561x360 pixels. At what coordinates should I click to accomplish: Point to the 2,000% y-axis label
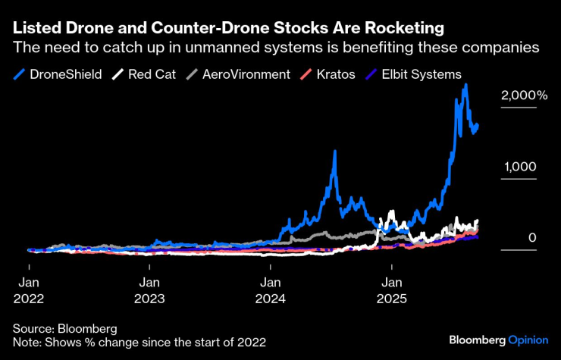(523, 95)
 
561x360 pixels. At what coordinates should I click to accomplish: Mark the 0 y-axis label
(532, 238)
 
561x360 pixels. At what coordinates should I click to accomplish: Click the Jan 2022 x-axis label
(29, 290)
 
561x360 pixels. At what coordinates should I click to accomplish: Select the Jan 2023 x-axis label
(150, 290)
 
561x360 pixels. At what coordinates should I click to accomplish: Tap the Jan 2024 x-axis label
(271, 290)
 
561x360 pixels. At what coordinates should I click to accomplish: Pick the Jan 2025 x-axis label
(391, 290)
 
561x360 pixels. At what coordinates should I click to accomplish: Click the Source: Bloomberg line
(64, 328)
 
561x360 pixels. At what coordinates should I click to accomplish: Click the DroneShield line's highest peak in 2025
(465, 86)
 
